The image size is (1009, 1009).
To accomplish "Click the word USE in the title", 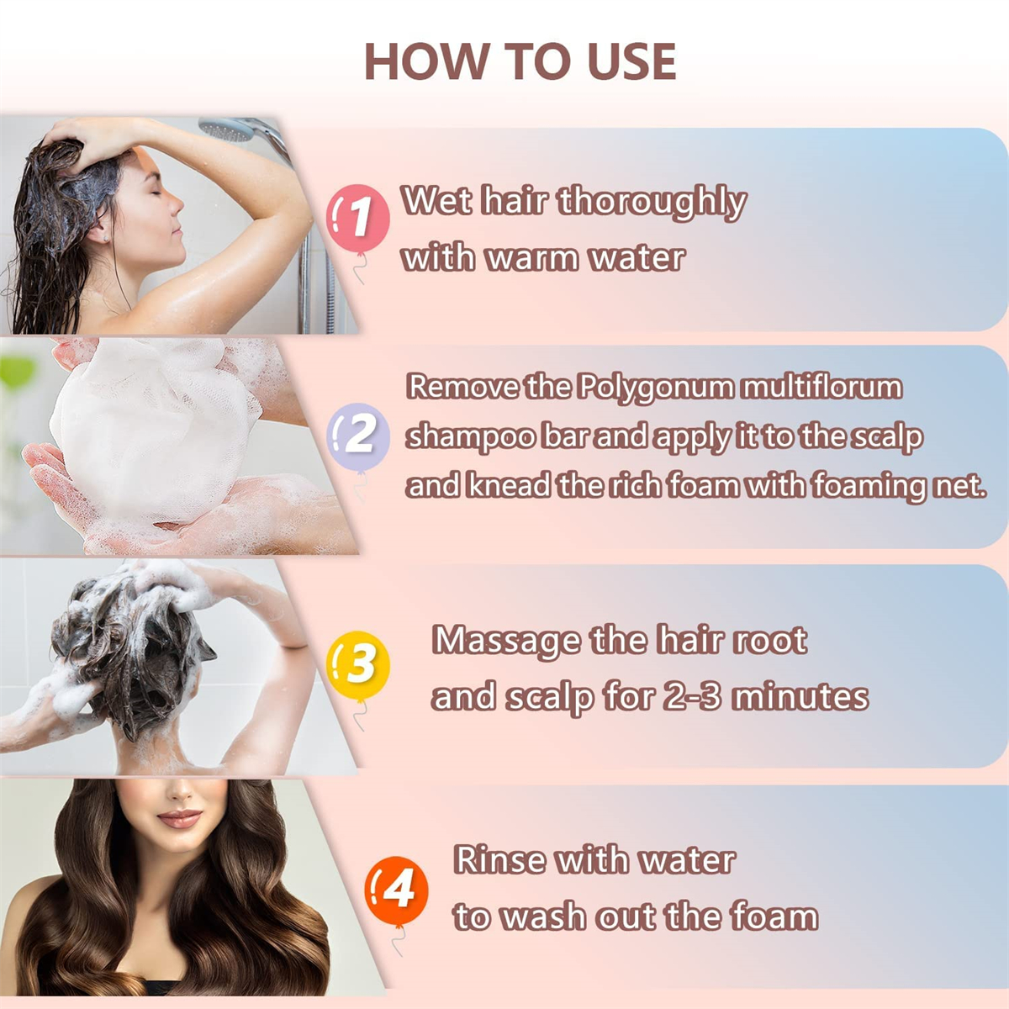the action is [631, 61].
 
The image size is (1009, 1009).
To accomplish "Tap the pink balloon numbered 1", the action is [358, 218].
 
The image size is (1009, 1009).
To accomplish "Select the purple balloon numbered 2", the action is [358, 436].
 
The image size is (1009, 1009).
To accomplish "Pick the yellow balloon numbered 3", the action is [358, 665].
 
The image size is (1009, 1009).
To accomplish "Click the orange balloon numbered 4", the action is [396, 892].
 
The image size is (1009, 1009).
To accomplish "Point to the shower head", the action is [230, 129].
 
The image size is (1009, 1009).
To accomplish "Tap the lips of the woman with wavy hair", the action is [179, 818].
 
